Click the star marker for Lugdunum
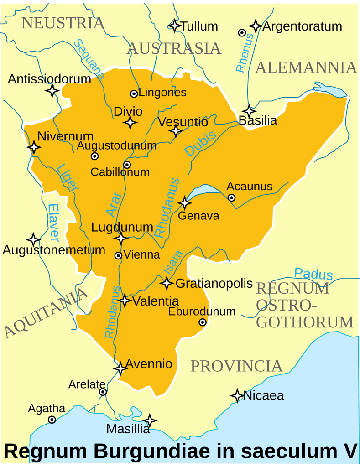[121, 238]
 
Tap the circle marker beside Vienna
[118, 256]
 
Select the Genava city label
[198, 215]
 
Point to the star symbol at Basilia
[249, 111]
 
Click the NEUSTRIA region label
[63, 22]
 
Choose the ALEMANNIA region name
[306, 67]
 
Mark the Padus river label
[313, 274]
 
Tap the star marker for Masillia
[149, 420]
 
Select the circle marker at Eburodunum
[203, 322]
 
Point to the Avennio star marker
[120, 368]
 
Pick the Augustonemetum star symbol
[33, 239]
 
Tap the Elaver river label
[53, 222]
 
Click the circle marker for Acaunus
[231, 197]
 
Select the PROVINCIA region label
[236, 366]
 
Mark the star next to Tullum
[174, 26]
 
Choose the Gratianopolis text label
[214, 283]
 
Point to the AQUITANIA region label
[45, 312]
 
